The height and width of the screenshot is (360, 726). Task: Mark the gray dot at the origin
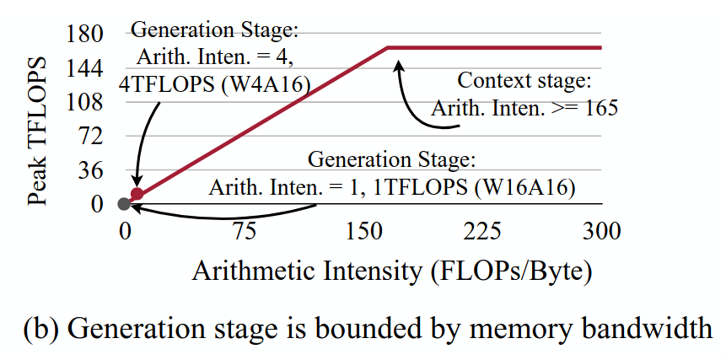125,203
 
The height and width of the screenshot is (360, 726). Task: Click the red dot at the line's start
137,195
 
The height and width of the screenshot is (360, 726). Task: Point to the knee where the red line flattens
389,48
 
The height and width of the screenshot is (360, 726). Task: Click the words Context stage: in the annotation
524,82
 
